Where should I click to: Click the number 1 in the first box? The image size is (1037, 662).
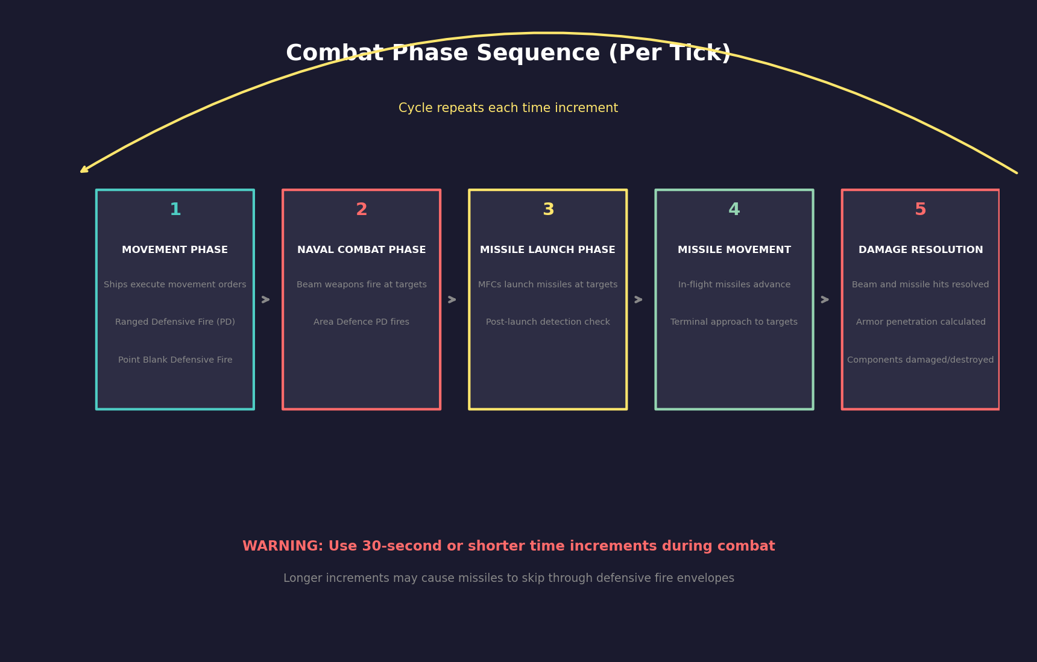(x=175, y=210)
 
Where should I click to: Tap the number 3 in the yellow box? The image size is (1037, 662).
(x=548, y=210)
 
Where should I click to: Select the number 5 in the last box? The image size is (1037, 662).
(x=920, y=210)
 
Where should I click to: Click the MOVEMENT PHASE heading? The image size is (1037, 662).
(x=175, y=250)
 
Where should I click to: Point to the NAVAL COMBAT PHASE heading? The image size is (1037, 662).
(x=361, y=250)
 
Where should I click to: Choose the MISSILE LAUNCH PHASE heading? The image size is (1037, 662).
(x=547, y=250)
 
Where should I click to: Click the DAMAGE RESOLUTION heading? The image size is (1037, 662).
(x=920, y=250)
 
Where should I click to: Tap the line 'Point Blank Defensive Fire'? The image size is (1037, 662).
(x=175, y=360)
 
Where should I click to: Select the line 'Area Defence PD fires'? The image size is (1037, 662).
(x=361, y=322)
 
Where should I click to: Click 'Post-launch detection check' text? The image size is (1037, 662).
(x=547, y=322)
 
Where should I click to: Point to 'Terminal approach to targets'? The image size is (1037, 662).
(x=734, y=322)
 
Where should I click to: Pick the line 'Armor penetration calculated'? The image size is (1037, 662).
(x=920, y=322)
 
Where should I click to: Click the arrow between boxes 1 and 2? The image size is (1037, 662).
(x=266, y=299)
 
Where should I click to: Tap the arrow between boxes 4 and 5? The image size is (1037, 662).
(x=825, y=299)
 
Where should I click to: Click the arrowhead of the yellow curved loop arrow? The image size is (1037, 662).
(x=84, y=171)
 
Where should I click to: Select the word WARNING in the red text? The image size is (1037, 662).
(x=282, y=546)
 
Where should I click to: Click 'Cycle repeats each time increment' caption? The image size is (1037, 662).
(x=508, y=108)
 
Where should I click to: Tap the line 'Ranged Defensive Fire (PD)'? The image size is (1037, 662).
(x=175, y=322)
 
